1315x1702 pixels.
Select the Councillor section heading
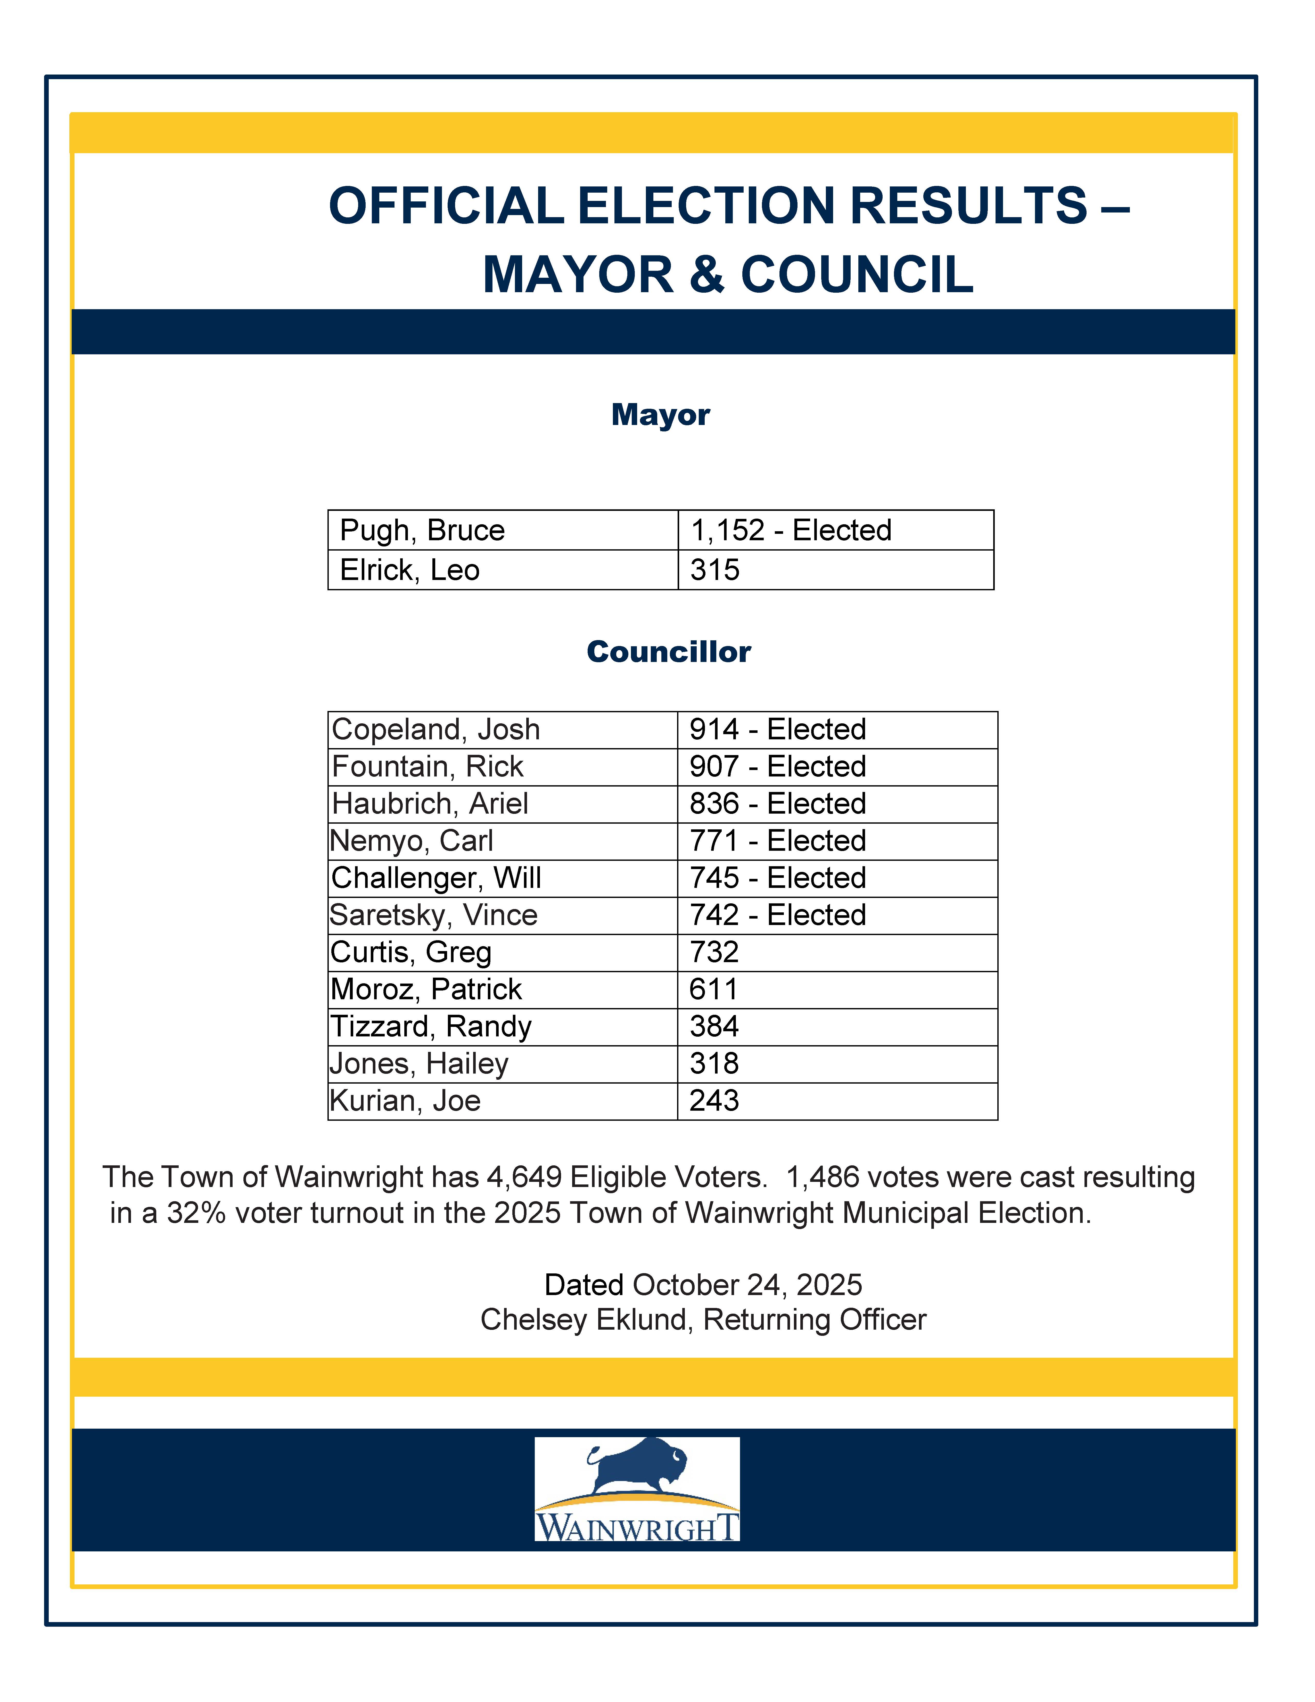click(x=668, y=651)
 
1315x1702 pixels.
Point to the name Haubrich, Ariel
click(x=430, y=804)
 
